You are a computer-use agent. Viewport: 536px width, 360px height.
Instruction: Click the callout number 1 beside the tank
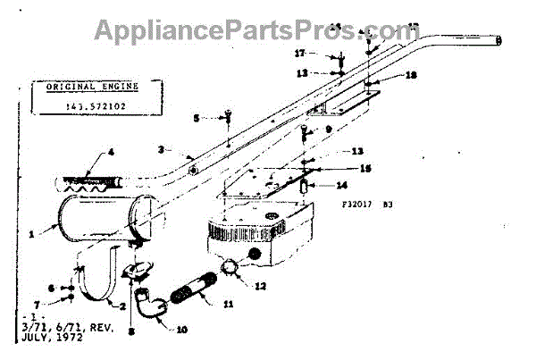point(30,234)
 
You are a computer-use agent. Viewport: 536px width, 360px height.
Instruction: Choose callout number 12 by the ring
point(261,287)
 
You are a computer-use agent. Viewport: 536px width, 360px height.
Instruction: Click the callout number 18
point(411,76)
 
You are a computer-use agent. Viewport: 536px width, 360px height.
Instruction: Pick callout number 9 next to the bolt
point(329,130)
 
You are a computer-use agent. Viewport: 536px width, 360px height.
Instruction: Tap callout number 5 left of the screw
point(197,117)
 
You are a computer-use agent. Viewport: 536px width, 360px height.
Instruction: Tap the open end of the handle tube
point(499,40)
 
